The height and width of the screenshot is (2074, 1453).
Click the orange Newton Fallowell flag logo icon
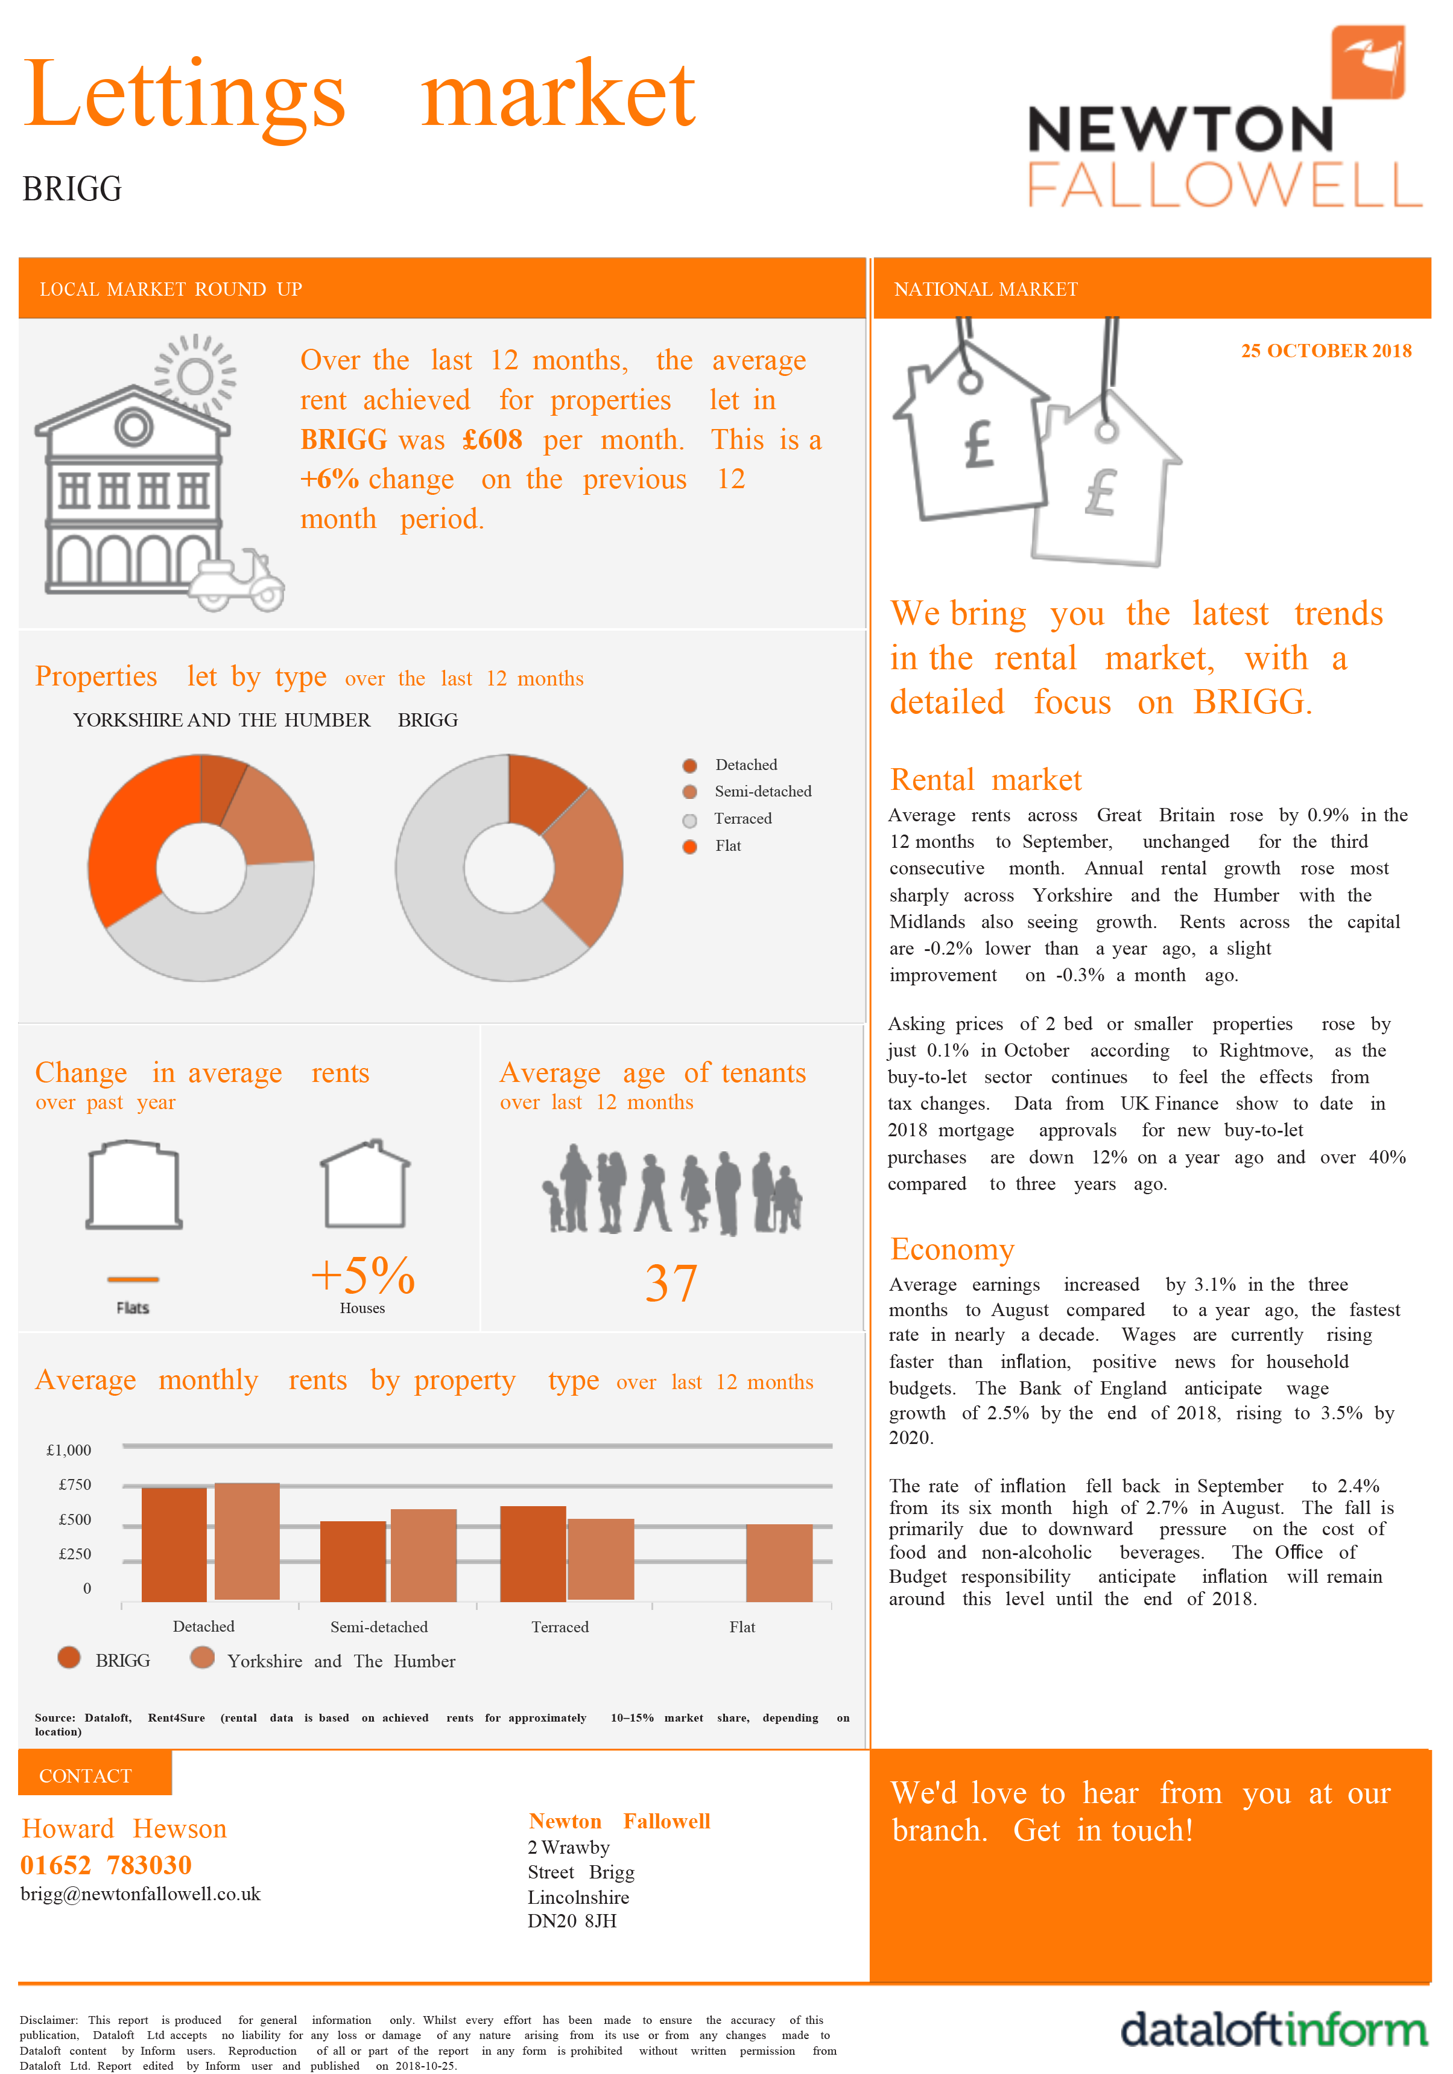pyautogui.click(x=1368, y=62)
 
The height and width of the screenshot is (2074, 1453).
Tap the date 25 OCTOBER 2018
pyautogui.click(x=1325, y=351)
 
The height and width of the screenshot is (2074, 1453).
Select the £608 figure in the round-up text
pyautogui.click(x=492, y=440)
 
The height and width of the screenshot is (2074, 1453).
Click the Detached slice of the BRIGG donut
pyautogui.click(x=542, y=789)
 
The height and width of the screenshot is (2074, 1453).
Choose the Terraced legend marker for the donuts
pyautogui.click(x=690, y=820)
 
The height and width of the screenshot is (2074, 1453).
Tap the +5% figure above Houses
pyautogui.click(x=362, y=1276)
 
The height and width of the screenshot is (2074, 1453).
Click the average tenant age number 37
pyautogui.click(x=671, y=1283)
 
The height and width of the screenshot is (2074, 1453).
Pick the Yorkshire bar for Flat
pyautogui.click(x=779, y=1563)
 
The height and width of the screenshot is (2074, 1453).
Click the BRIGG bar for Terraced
pyautogui.click(x=533, y=1554)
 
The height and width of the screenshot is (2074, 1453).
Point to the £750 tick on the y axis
pyautogui.click(x=75, y=1485)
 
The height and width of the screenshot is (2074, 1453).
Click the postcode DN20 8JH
pyautogui.click(x=572, y=1921)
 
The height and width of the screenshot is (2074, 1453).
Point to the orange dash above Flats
pyautogui.click(x=133, y=1279)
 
